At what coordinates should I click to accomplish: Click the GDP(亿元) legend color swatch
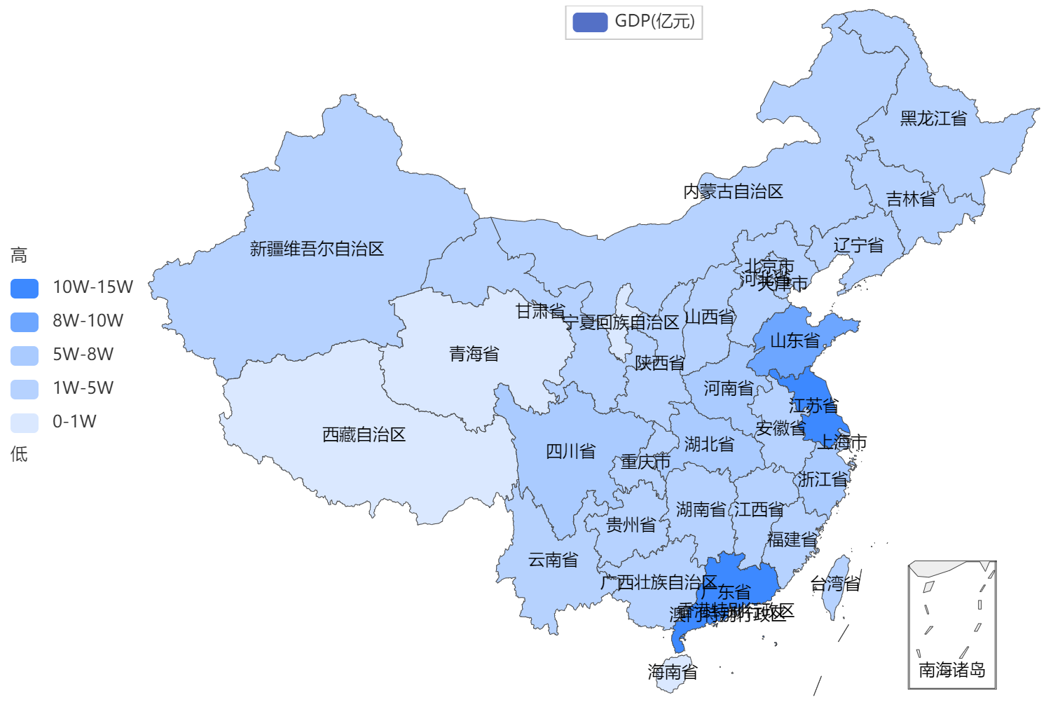(589, 22)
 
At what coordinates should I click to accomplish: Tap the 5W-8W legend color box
(25, 355)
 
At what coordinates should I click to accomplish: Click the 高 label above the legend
(19, 256)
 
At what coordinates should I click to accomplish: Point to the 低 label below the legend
(19, 454)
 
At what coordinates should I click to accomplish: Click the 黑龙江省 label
(933, 118)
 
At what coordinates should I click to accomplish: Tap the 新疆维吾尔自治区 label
(317, 249)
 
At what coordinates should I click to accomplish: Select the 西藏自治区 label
(364, 434)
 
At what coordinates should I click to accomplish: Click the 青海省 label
(474, 354)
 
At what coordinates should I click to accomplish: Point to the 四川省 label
(570, 451)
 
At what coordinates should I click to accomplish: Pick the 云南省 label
(553, 559)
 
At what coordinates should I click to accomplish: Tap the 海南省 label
(673, 672)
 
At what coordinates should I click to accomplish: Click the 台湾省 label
(835, 584)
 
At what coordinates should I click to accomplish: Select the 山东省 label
(794, 341)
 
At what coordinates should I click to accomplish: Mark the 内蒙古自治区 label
(733, 191)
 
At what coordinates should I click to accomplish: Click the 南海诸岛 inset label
(951, 670)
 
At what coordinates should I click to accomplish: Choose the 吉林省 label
(910, 200)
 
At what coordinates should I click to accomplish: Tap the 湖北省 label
(709, 444)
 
